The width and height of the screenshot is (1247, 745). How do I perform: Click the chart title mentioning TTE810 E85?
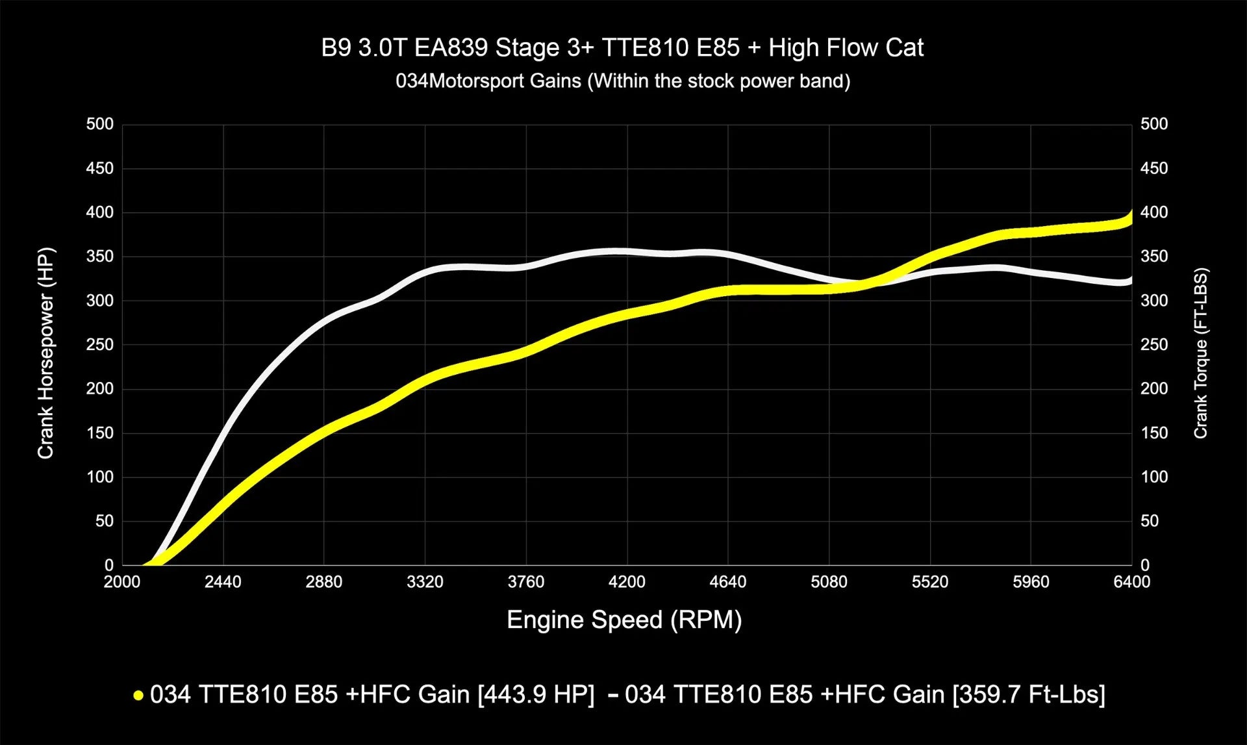click(x=622, y=48)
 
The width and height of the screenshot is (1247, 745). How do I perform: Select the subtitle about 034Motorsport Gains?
click(x=622, y=81)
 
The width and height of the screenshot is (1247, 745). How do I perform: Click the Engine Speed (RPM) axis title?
click(x=623, y=620)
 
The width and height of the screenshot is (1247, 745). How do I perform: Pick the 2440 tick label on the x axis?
click(x=223, y=582)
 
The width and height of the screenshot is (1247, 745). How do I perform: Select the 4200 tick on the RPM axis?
click(x=627, y=582)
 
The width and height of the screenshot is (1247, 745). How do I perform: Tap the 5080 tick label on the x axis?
click(x=829, y=582)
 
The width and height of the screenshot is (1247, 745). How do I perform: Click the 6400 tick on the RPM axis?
click(x=1131, y=582)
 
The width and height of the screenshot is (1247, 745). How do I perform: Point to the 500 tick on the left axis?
click(x=99, y=124)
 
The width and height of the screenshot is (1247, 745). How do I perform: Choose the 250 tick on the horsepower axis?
click(x=99, y=345)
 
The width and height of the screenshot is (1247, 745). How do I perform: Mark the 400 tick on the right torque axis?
click(x=1154, y=212)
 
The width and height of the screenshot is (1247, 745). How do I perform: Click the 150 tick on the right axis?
click(x=1154, y=433)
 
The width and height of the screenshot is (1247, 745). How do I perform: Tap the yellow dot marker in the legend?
click(x=138, y=696)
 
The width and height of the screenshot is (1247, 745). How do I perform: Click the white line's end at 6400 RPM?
click(x=1131, y=280)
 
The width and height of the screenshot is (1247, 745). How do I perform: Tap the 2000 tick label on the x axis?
click(x=122, y=582)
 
